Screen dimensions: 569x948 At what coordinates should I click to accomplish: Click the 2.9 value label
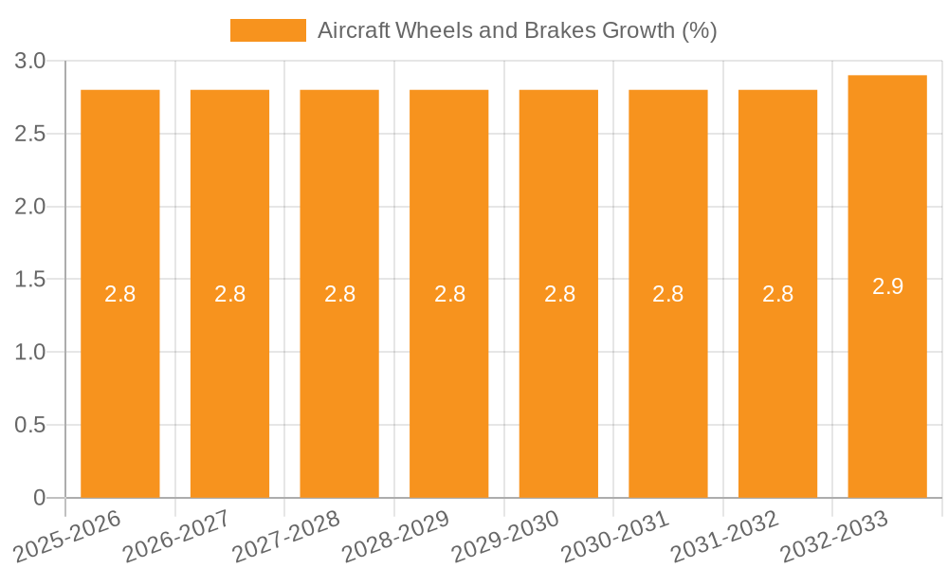pos(887,286)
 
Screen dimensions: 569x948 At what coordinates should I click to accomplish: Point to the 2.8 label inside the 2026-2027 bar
pos(229,294)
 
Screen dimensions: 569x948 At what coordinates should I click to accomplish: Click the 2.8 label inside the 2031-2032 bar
pos(777,294)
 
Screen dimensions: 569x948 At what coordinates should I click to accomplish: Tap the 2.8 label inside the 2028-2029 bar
pos(449,294)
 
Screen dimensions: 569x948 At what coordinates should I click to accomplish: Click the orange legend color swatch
pos(268,30)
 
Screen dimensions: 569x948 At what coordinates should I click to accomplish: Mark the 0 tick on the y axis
pos(39,498)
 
